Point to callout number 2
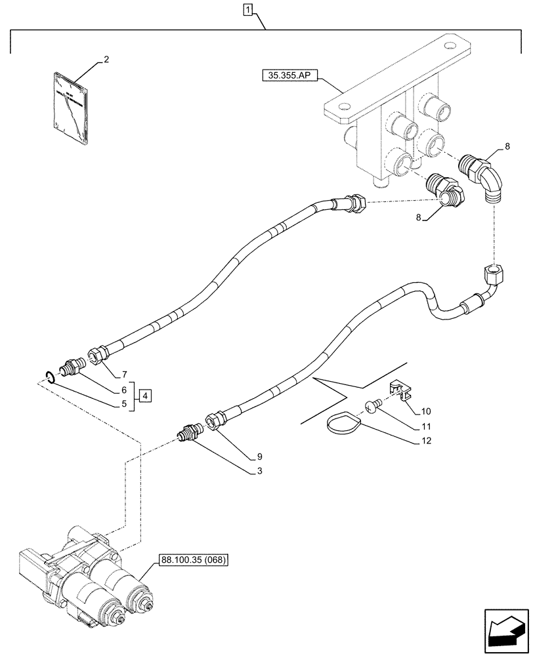click(x=106, y=60)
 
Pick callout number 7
click(x=123, y=375)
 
